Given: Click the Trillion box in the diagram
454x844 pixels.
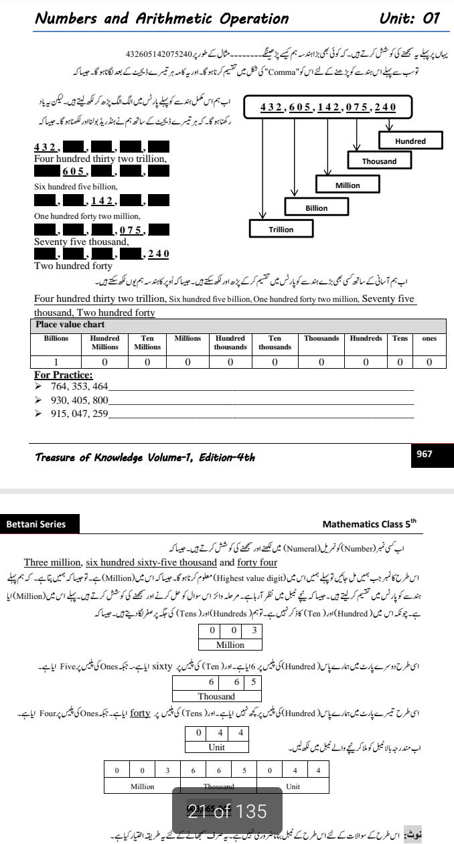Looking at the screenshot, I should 281,229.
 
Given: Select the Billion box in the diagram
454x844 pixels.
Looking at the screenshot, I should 317,207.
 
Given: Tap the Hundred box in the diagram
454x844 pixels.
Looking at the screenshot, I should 410,141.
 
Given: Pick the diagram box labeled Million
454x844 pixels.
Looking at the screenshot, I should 348,185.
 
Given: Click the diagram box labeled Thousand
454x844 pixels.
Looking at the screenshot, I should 379,161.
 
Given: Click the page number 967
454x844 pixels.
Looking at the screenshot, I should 424,454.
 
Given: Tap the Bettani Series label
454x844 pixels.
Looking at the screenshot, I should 36,524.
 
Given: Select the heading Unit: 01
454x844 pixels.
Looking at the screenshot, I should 409,18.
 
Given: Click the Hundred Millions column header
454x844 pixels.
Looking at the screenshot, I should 104,343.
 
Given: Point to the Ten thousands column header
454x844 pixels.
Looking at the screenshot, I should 275,343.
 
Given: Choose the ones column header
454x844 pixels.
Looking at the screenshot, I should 429,339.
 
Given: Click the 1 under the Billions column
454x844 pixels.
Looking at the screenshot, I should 56,361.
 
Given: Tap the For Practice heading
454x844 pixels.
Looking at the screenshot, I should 64,375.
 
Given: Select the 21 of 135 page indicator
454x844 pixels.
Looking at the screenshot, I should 227,811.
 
